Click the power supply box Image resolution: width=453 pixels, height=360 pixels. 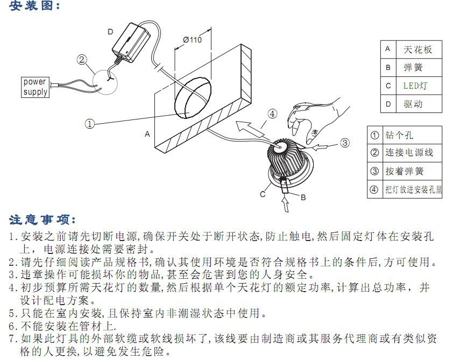(35, 87)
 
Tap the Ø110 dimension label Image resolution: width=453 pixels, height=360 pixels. (193, 40)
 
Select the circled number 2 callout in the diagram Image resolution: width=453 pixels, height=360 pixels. (82, 60)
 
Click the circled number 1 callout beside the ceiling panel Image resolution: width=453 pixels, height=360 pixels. (89, 124)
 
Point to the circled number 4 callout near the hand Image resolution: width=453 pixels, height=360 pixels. (272, 114)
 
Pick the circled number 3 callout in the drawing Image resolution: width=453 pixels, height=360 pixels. (345, 143)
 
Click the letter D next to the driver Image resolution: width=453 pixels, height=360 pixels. (110, 32)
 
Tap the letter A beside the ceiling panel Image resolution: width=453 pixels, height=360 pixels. (147, 134)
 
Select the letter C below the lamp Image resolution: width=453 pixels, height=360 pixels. (263, 194)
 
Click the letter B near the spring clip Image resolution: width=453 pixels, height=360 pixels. (303, 197)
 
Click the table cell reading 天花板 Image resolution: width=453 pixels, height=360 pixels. (419, 50)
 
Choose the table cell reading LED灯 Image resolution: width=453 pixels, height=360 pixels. (419, 86)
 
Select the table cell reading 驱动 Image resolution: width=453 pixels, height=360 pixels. (419, 103)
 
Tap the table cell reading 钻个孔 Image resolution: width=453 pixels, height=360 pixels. (412, 135)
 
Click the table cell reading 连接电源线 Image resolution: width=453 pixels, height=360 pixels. (412, 153)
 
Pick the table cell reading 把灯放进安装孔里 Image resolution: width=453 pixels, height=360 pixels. (412, 189)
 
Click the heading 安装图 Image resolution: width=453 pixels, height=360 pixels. (34, 6)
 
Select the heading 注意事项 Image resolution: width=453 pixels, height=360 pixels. (43, 220)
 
